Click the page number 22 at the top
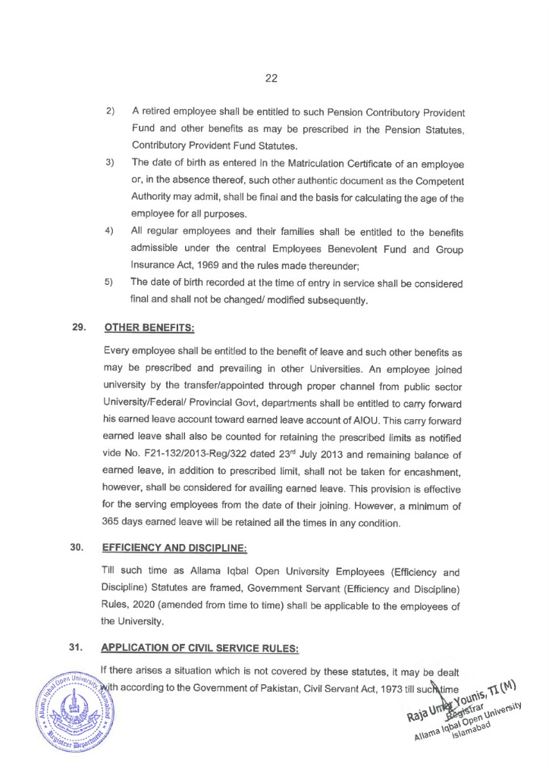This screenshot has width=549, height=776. click(273, 77)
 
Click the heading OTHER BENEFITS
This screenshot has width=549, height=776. click(149, 328)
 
